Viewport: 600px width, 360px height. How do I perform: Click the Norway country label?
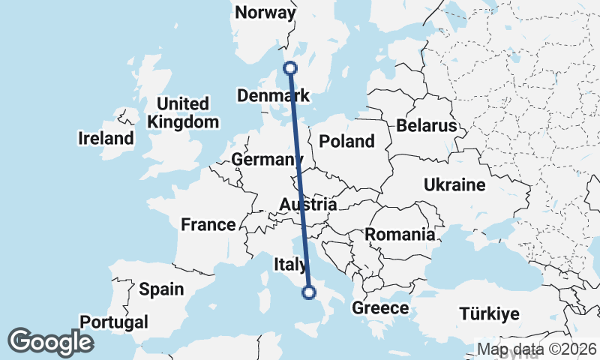[x=265, y=12]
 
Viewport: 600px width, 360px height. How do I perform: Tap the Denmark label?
[x=273, y=96]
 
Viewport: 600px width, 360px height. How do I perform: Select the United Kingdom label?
[x=184, y=112]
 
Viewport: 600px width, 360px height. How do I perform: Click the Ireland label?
[x=106, y=138]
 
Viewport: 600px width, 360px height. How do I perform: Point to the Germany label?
[x=266, y=160]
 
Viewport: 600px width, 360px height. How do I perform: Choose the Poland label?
[x=346, y=141]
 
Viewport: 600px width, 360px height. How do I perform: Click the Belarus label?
[x=427, y=125]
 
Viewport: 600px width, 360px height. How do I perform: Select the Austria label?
[x=307, y=204]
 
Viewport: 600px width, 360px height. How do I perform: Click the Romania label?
[x=400, y=235]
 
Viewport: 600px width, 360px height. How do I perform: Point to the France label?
[x=208, y=224]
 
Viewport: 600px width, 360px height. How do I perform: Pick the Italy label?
[x=290, y=264]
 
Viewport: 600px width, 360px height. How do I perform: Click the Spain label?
[x=161, y=289]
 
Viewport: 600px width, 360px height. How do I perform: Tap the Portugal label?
[x=114, y=322]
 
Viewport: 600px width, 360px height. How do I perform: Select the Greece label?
[x=380, y=308]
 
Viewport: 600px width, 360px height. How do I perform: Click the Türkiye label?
[x=489, y=313]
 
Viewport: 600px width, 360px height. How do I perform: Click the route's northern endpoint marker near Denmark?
[x=290, y=68]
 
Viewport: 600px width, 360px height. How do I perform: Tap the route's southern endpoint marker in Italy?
[x=309, y=292]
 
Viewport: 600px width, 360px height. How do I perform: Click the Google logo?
[x=50, y=342]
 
